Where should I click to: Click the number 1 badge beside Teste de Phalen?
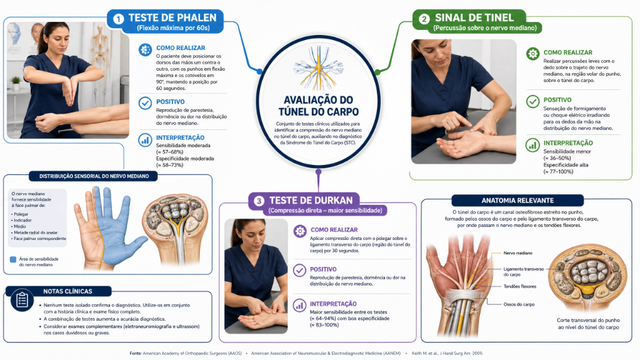(x=118, y=19)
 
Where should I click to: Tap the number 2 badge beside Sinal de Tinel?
(x=424, y=19)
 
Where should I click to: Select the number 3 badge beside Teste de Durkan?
(x=259, y=201)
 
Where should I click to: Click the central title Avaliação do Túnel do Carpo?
(x=318, y=106)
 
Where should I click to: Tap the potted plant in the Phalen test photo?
(x=16, y=83)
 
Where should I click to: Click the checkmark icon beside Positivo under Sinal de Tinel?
(x=532, y=101)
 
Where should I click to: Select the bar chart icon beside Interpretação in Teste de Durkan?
(x=299, y=305)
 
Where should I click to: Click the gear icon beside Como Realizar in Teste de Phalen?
(x=145, y=49)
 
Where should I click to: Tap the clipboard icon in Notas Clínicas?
(x=22, y=300)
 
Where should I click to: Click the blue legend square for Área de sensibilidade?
(x=13, y=259)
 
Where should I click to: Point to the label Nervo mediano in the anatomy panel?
(x=517, y=253)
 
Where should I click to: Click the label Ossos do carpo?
(x=519, y=304)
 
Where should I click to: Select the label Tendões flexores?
(x=519, y=286)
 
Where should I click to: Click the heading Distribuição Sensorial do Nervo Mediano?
(x=94, y=176)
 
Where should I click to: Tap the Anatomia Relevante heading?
(x=517, y=201)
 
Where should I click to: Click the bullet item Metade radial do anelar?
(x=36, y=232)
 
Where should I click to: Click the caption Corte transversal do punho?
(x=588, y=321)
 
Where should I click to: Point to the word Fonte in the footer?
(x=136, y=353)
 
